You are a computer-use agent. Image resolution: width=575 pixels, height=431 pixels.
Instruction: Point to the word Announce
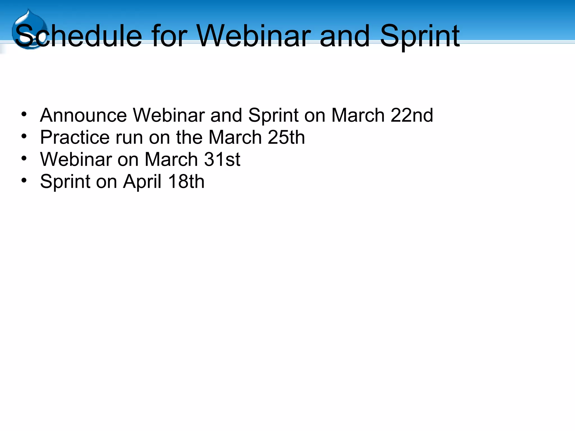[83, 115]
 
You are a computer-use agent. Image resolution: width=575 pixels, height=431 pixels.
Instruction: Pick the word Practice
[75, 137]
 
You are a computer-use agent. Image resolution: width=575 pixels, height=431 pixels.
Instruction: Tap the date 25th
[286, 137]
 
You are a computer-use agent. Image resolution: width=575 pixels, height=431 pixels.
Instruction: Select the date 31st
[222, 159]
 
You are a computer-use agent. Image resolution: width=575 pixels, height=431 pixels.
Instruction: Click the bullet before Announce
[24, 114]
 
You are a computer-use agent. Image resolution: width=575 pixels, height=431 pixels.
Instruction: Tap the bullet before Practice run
[24, 136]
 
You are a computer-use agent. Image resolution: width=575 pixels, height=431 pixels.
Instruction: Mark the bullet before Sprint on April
[24, 180]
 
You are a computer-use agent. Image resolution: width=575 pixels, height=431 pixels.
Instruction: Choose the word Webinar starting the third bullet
[76, 159]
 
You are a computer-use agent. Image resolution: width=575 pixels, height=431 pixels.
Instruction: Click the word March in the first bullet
[358, 115]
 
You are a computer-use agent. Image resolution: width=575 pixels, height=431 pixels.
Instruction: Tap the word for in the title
[169, 36]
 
